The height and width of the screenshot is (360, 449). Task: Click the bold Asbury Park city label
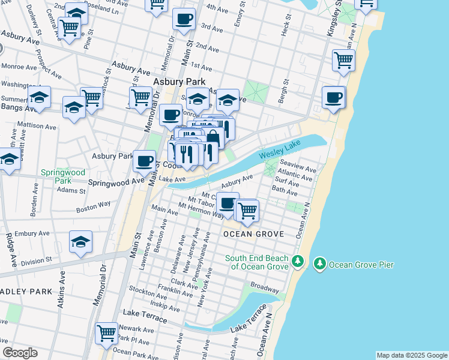coord(179,82)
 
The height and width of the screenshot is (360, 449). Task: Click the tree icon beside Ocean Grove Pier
coord(320,263)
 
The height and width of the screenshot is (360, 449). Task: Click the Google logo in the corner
coord(20,353)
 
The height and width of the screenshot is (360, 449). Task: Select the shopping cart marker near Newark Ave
coord(107,333)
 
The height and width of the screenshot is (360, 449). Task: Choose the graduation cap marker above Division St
coord(80,242)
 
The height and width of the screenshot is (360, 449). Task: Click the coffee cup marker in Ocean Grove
coord(227,203)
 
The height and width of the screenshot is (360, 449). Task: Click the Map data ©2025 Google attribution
coord(412,355)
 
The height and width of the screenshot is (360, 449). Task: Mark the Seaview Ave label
coord(298,162)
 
